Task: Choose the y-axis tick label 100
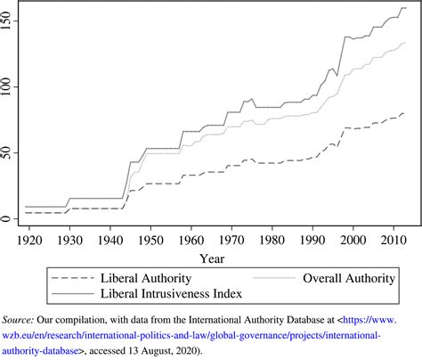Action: [x=8, y=86]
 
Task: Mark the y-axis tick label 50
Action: [x=8, y=152]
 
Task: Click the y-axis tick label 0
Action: [x=8, y=219]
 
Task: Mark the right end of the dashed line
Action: [x=405, y=114]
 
